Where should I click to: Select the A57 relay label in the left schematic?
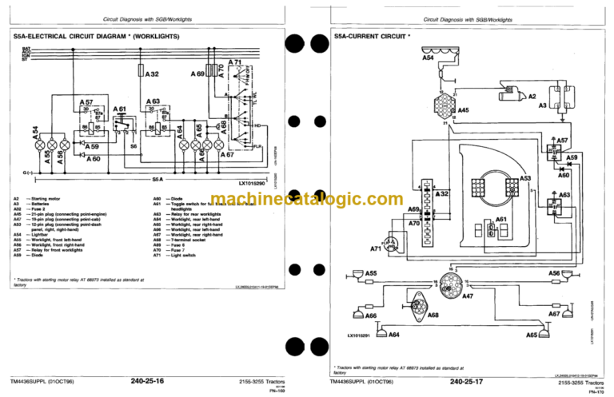coord(88,103)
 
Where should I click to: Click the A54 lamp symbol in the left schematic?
coord(34,149)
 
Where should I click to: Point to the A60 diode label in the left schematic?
coord(94,158)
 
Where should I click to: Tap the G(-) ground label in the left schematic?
coord(28,172)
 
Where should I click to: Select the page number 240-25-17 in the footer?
coord(466,383)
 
